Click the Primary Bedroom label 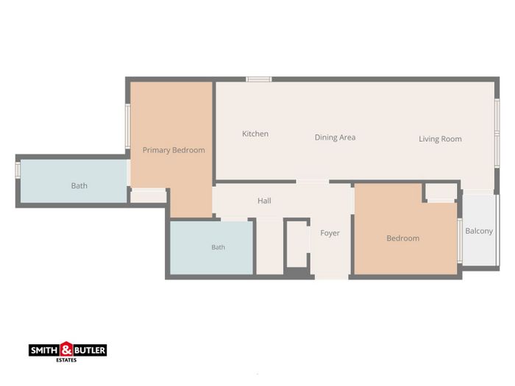(x=174, y=150)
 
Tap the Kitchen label (x=255, y=134)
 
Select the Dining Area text (x=335, y=137)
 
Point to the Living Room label (x=440, y=139)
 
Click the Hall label (x=264, y=201)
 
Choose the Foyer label (x=330, y=233)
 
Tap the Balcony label (x=479, y=231)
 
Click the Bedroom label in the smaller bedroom (x=403, y=238)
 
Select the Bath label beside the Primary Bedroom (x=79, y=186)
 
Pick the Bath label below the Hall (x=218, y=247)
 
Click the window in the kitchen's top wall (x=259, y=79)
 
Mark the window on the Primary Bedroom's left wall (x=128, y=126)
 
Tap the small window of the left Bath (x=18, y=171)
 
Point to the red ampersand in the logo (x=66, y=349)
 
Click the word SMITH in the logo (x=45, y=351)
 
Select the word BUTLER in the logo (x=90, y=351)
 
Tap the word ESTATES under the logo (x=66, y=360)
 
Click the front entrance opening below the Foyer (x=331, y=277)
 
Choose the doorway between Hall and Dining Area (x=313, y=182)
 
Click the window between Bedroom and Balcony (x=460, y=241)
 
